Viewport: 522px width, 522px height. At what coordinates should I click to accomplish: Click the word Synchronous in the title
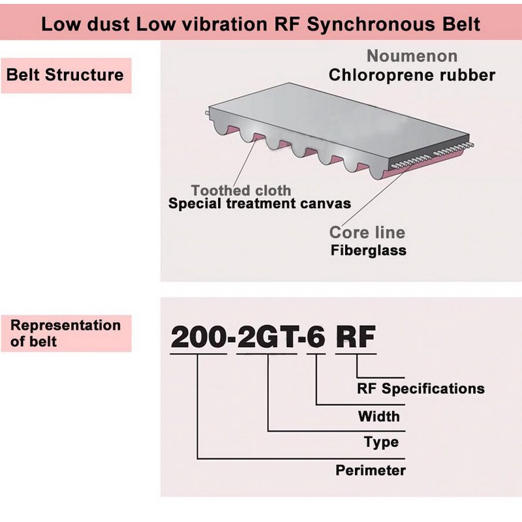point(371,24)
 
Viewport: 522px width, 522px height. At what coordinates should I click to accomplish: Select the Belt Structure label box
point(67,75)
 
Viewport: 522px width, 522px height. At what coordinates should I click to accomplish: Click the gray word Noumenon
point(412,56)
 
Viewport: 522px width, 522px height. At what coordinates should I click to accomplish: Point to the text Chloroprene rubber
point(412,75)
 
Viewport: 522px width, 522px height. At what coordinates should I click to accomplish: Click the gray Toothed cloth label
point(241,191)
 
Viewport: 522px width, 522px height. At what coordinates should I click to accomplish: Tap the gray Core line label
point(367,232)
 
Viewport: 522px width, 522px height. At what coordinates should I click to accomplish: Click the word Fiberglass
point(369,251)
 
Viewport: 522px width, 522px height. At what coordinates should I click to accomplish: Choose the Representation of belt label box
point(67,333)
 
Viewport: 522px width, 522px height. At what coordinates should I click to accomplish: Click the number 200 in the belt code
point(198,337)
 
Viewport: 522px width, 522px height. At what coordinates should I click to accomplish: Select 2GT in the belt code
point(267,337)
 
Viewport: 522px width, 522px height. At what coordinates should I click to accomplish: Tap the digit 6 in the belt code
point(316,337)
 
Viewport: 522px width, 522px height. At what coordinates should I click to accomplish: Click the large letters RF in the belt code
point(356,337)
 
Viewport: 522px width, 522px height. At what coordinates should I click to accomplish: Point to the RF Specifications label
point(420,388)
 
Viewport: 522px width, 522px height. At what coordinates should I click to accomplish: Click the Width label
point(379,416)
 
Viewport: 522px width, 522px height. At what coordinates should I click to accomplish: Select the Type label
point(381,442)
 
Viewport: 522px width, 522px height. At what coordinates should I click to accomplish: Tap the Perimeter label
point(371,470)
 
